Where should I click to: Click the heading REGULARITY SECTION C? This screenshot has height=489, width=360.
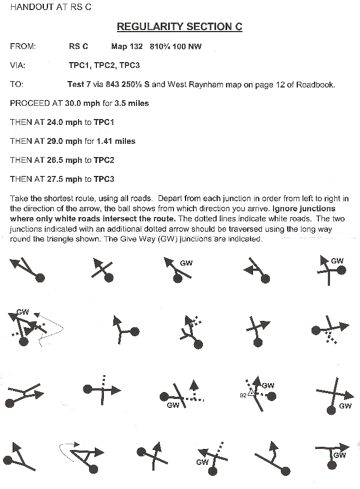[x=179, y=27]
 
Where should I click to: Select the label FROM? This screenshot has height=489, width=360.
[x=23, y=46]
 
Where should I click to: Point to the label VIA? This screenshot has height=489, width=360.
[x=18, y=65]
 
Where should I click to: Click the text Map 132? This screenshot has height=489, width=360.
[x=127, y=46]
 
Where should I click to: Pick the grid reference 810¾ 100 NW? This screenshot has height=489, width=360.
[x=176, y=46]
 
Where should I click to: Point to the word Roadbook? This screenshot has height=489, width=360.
[x=316, y=84]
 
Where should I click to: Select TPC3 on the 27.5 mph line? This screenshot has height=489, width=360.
[x=104, y=179]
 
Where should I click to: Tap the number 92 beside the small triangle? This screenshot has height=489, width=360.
[x=243, y=395]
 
